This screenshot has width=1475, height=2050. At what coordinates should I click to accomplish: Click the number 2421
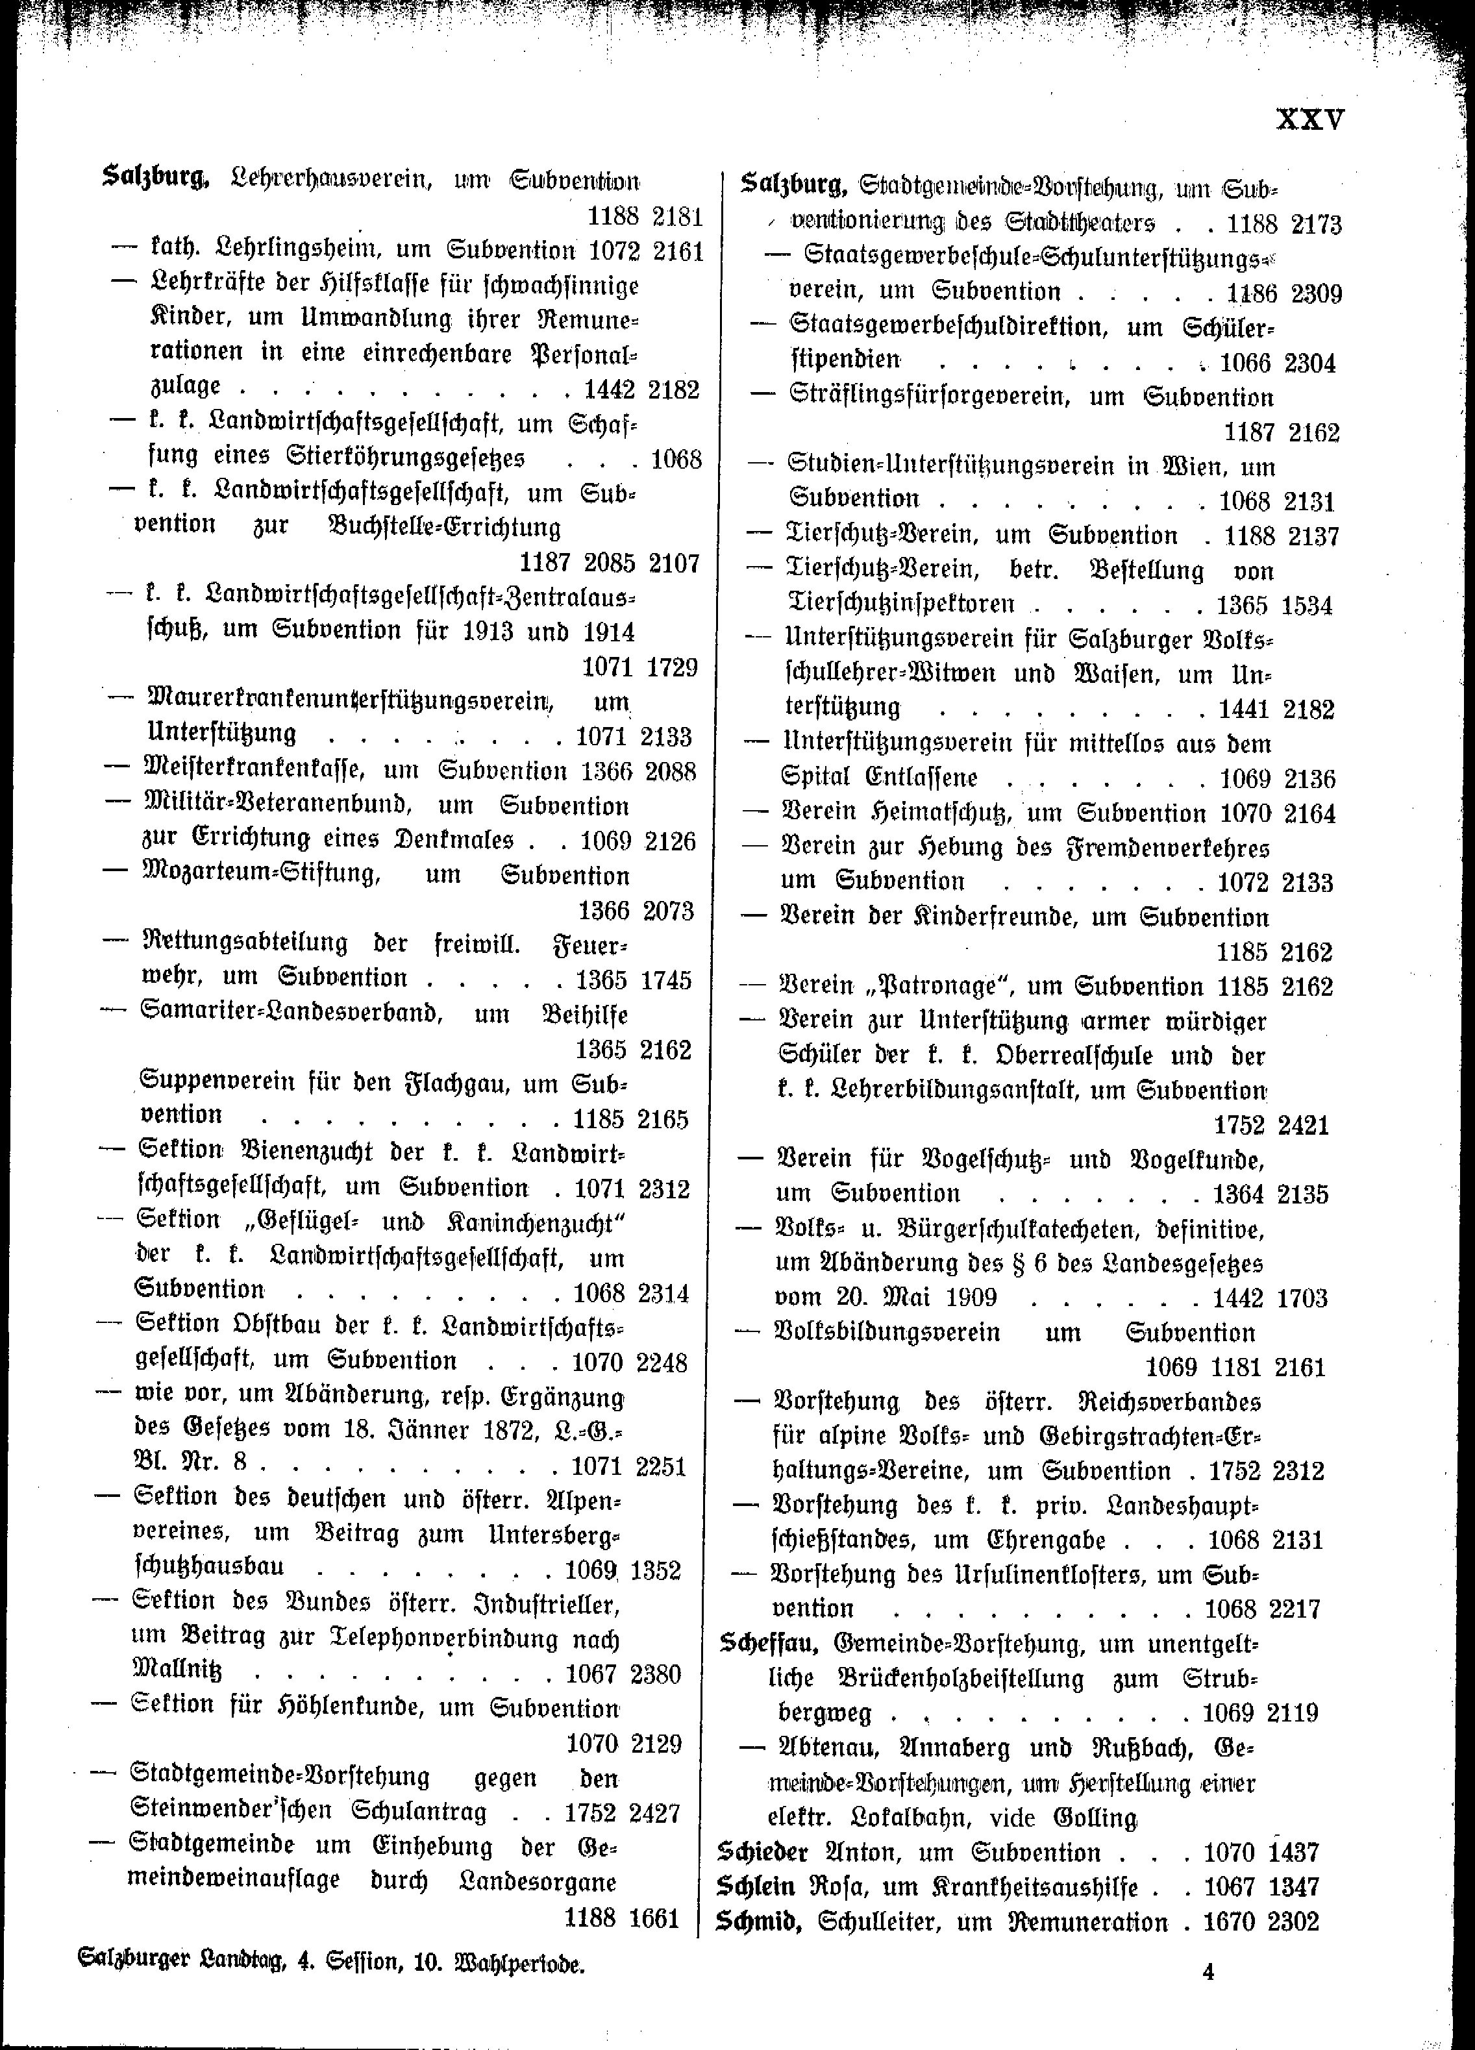tap(1302, 1126)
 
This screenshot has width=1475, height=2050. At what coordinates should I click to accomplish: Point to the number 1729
tap(671, 668)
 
